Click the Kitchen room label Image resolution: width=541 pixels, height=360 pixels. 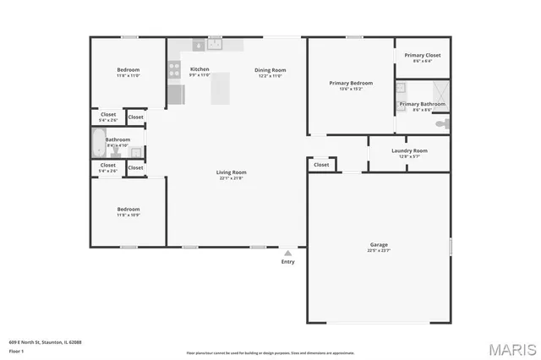[199, 69]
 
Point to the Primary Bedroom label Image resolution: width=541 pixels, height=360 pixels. [350, 82]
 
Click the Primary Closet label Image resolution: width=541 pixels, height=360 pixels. [422, 56]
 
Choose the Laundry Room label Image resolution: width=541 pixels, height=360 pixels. [409, 150]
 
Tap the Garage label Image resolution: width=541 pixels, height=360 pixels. [378, 245]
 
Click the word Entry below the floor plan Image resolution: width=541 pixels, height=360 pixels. [288, 261]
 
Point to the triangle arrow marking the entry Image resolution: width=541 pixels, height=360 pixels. [288, 252]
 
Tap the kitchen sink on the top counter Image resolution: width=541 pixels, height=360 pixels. [215, 44]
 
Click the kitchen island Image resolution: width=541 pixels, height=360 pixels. [221, 87]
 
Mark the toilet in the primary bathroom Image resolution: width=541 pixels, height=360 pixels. [440, 123]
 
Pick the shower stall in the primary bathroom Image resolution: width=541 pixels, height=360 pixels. [439, 90]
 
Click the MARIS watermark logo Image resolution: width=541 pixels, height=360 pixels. [511, 348]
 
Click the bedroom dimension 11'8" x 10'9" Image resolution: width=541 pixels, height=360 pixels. [128, 215]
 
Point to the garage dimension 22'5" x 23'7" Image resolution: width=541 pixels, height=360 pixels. [378, 251]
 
